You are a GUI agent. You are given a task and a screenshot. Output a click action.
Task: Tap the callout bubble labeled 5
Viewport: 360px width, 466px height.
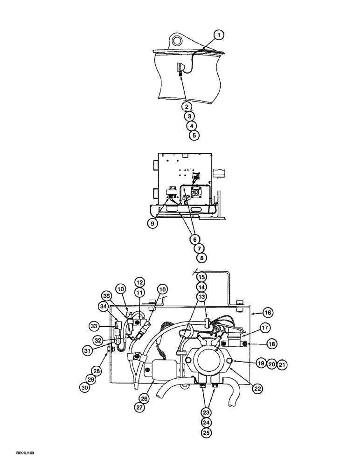pyautogui.click(x=193, y=136)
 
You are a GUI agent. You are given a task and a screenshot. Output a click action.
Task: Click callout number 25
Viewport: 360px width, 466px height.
pyautogui.click(x=207, y=432)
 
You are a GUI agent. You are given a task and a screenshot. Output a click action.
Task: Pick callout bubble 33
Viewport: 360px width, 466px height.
pyautogui.click(x=95, y=325)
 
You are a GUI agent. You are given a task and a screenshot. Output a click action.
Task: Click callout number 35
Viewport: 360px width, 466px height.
pyautogui.click(x=106, y=295)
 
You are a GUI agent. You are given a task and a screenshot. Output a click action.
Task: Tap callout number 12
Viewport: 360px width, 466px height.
pyautogui.click(x=139, y=281)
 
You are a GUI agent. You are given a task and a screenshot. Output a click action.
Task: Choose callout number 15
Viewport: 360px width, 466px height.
pyautogui.click(x=201, y=277)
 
